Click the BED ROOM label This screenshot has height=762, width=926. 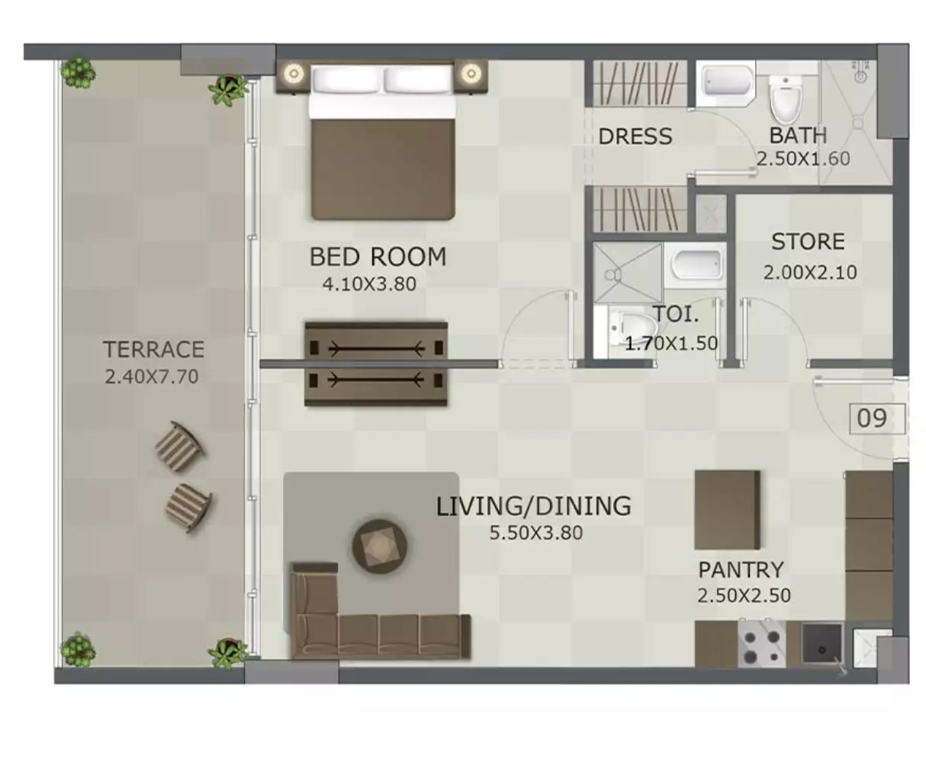(x=378, y=257)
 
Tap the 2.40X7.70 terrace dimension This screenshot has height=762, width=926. (x=151, y=376)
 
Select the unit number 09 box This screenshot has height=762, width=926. (x=876, y=418)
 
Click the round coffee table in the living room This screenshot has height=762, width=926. (x=380, y=546)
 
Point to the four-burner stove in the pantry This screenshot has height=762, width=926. (x=761, y=643)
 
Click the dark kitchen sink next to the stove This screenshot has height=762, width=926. (x=822, y=644)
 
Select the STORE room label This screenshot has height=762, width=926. (x=808, y=242)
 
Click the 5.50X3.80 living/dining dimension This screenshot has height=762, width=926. (x=535, y=533)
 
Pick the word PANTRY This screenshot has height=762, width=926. (x=741, y=570)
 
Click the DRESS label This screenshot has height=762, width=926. (x=635, y=136)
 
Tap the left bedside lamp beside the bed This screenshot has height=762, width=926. (x=294, y=73)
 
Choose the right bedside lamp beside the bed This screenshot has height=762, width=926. (x=471, y=73)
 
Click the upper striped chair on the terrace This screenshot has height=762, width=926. (x=179, y=446)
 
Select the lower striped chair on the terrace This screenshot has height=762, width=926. (x=188, y=507)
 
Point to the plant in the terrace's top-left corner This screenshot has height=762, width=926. (x=78, y=72)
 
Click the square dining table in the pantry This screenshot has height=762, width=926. (x=728, y=510)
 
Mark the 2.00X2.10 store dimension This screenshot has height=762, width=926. (x=810, y=273)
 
